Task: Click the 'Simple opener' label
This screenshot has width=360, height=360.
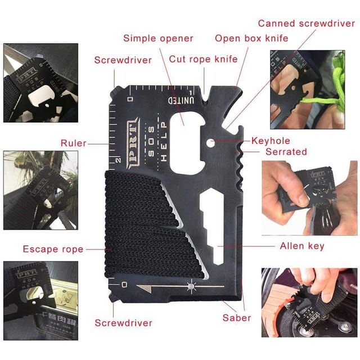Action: (158, 39)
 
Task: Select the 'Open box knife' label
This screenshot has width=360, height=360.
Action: (251, 39)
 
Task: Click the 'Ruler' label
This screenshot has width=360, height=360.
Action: (74, 143)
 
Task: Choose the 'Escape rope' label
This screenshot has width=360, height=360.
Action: (53, 249)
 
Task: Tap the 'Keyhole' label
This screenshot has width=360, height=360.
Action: (271, 141)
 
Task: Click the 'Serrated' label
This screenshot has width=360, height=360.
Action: (286, 152)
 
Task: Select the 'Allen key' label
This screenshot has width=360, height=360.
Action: (302, 246)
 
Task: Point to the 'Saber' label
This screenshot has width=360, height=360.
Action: (237, 318)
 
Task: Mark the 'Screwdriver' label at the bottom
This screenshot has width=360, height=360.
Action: (123, 323)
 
